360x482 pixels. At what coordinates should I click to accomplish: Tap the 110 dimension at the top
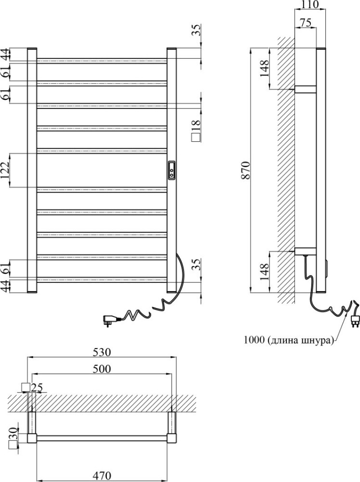(310, 4)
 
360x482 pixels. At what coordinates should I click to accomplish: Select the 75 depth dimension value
(305, 23)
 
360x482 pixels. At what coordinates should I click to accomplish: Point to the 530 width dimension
(102, 352)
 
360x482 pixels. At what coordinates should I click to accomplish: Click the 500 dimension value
(102, 369)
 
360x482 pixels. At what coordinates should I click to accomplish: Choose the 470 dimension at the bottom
(102, 476)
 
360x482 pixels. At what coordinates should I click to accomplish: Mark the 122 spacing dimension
(5, 170)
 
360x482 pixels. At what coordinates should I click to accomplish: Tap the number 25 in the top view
(37, 388)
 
